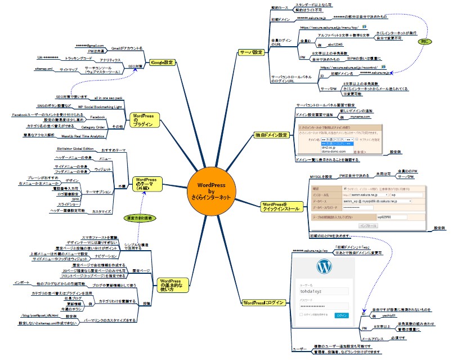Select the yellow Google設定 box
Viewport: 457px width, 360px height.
tap(162, 63)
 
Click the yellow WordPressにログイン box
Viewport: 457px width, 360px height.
tap(262, 303)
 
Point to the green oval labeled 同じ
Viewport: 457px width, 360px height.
tap(427, 42)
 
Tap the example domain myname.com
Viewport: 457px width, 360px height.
tap(360, 118)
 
